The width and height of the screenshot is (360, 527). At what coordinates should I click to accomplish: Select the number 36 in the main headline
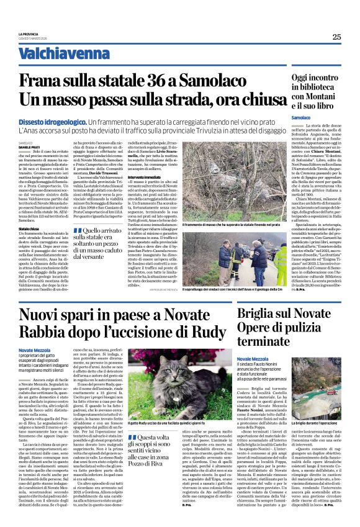pos(177,81)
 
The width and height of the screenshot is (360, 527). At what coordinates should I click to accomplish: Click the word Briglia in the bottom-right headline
pos(258,315)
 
